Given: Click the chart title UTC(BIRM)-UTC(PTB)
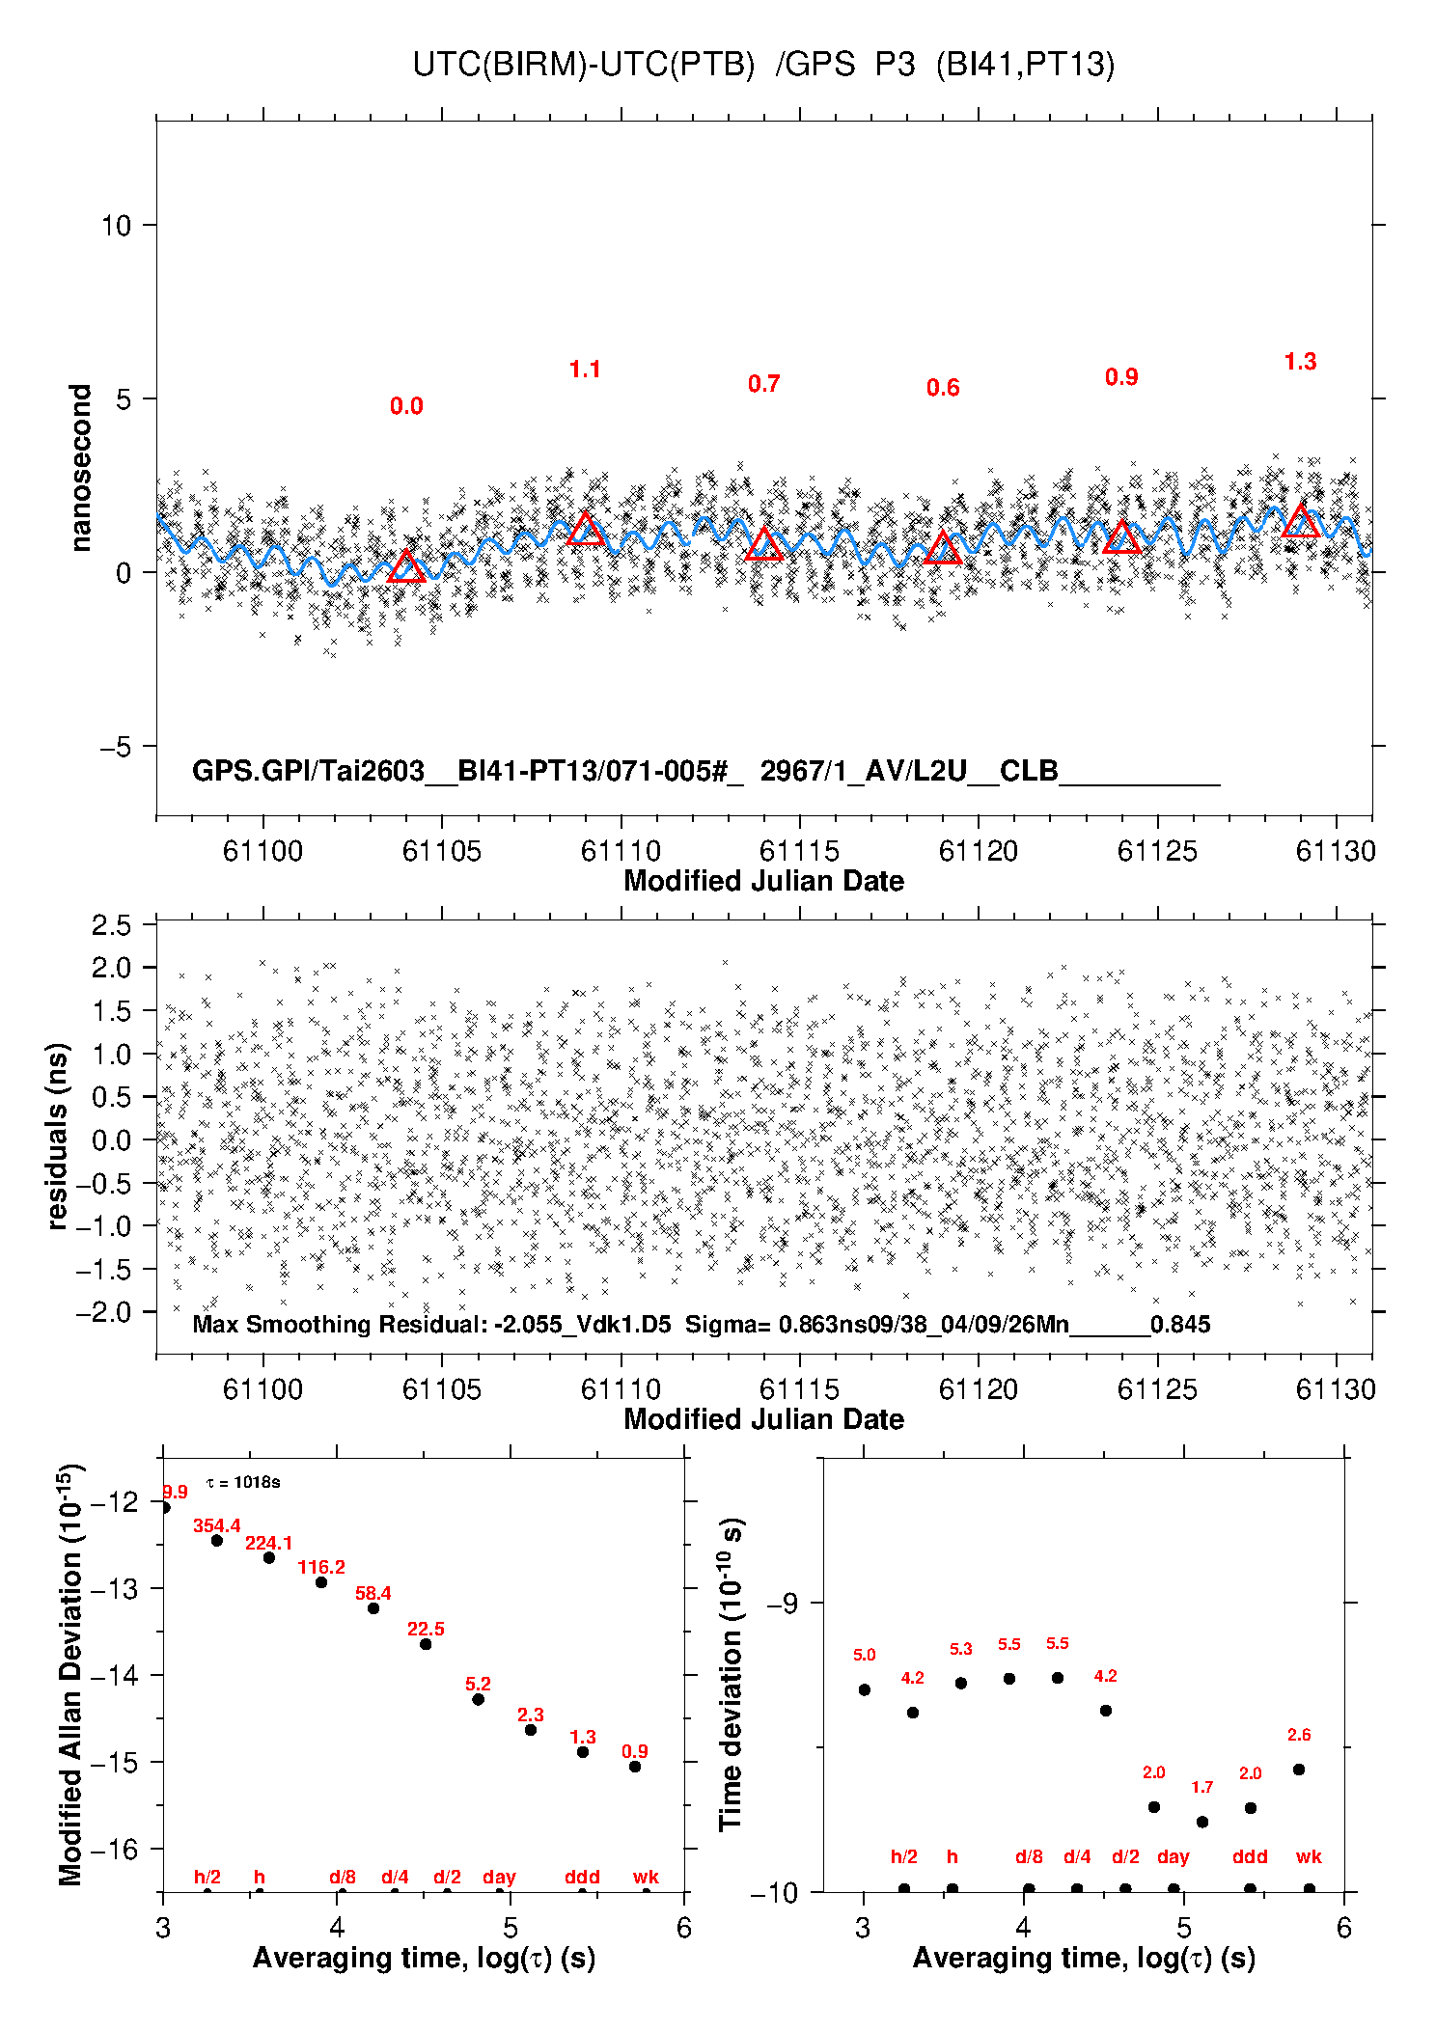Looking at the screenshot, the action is (x=584, y=65).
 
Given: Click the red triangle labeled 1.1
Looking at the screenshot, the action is (x=586, y=530).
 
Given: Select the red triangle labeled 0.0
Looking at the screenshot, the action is (x=406, y=567).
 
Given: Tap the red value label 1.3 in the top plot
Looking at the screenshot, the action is (x=1300, y=362).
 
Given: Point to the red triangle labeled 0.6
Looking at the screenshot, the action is (x=943, y=549).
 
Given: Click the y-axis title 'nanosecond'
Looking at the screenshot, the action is (x=80, y=468).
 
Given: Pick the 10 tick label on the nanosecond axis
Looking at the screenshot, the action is (x=116, y=226).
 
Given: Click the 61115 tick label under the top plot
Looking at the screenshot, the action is (x=799, y=851).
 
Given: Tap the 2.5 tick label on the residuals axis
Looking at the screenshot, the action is (x=111, y=925).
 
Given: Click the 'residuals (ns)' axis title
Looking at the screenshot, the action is (x=58, y=1136).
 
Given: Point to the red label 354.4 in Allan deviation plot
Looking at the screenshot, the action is (x=217, y=1525).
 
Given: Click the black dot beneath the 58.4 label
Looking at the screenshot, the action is (x=373, y=1608).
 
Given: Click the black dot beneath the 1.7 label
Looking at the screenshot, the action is (x=1202, y=1822).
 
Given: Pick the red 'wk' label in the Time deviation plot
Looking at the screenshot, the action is (x=1309, y=1856).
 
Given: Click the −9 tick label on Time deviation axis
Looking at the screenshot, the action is (x=783, y=1604).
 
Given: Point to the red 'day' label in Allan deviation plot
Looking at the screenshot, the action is (x=499, y=1877).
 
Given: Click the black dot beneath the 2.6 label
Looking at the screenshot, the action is (x=1299, y=1770).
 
